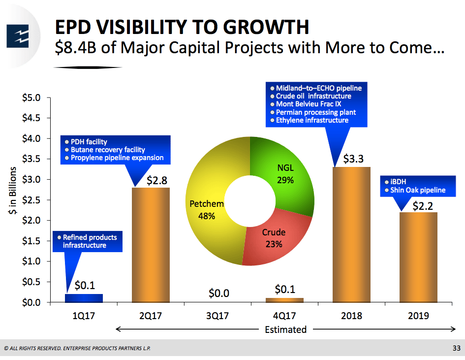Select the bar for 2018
(x=351, y=234)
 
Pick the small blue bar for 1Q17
(x=84, y=298)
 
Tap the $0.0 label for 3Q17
(x=218, y=294)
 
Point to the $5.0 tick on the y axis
(x=32, y=98)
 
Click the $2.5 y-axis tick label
(x=32, y=200)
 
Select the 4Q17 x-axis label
(x=284, y=316)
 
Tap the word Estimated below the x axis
(x=285, y=329)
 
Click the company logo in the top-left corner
(x=18, y=35)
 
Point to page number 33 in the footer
(x=456, y=349)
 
